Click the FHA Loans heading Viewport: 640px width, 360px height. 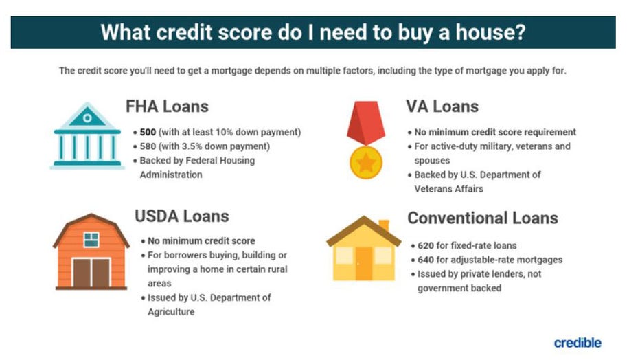(x=167, y=106)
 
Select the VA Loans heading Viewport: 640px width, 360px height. (x=442, y=106)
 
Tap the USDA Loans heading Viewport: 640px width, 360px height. (x=181, y=216)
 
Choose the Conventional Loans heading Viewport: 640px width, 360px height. (x=483, y=218)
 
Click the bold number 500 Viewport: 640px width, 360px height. (x=148, y=132)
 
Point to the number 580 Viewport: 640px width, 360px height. (x=148, y=146)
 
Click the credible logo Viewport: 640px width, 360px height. (x=578, y=342)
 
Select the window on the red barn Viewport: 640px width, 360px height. (x=91, y=240)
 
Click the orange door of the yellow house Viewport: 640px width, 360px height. (x=364, y=263)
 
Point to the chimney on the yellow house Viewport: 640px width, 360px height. (x=383, y=225)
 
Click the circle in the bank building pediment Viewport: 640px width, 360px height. (x=87, y=118)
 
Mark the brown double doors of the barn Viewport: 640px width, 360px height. (x=91, y=272)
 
